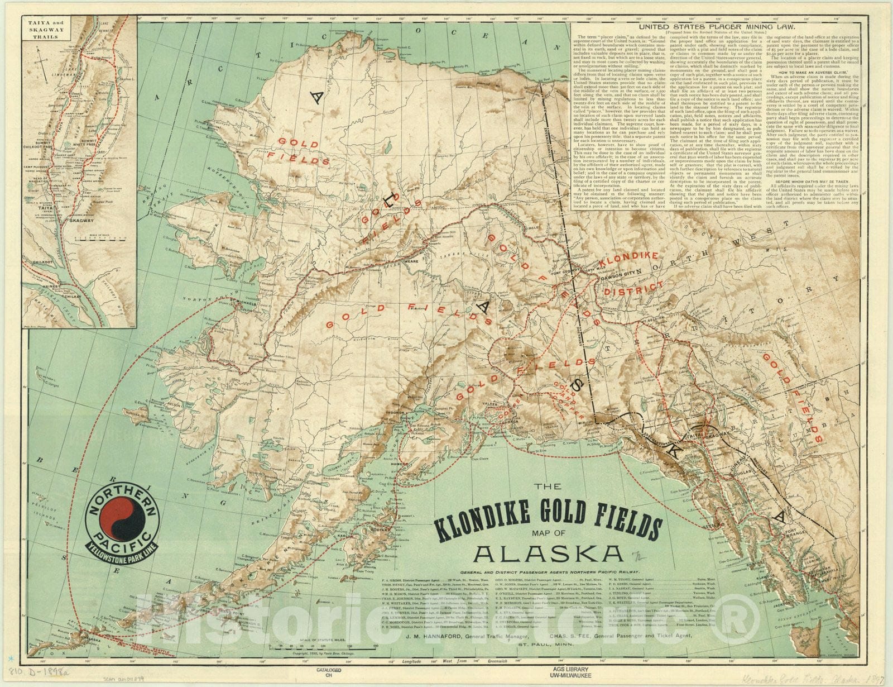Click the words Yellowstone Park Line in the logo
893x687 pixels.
pyautogui.click(x=118, y=554)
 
